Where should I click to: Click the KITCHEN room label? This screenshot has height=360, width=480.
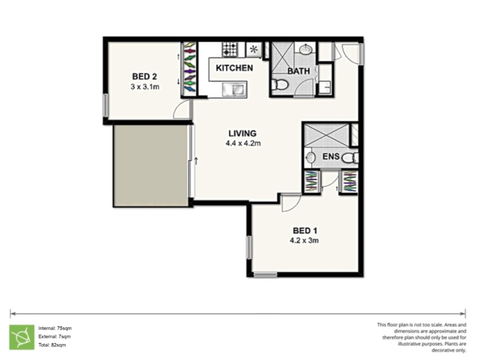point(234,68)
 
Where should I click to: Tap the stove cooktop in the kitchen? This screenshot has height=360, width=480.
point(230,49)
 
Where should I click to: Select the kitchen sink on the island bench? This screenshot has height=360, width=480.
point(234,90)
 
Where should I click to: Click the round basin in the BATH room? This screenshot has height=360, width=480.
point(306,50)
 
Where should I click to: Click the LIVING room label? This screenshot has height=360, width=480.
point(242,134)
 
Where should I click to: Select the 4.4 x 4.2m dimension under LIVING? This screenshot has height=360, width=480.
point(243,144)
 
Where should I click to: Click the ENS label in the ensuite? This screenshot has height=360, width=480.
point(331,157)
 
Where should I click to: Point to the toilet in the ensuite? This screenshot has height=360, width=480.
point(351,158)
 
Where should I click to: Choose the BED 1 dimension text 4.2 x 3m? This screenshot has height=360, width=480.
point(304,241)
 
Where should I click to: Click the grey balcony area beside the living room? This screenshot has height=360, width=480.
point(151,166)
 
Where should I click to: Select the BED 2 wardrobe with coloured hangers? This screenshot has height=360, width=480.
point(189,69)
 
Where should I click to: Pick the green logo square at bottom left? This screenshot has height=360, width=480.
point(22,337)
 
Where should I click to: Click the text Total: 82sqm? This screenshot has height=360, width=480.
point(52,345)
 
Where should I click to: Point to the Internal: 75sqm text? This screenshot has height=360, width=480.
point(55,328)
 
